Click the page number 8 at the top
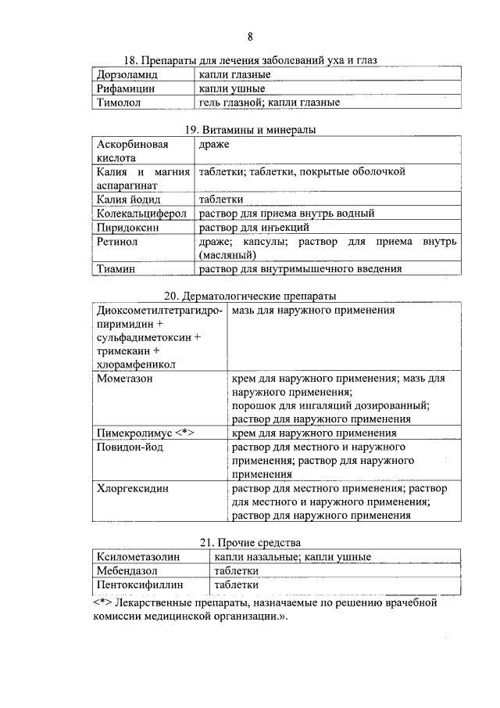(x=250, y=37)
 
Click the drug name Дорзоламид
(x=127, y=75)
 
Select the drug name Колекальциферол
(x=139, y=213)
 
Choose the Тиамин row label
(x=117, y=268)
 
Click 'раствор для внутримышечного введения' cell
(x=301, y=268)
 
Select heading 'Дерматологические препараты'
(x=250, y=296)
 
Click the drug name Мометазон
(x=124, y=378)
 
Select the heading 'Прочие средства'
(x=250, y=543)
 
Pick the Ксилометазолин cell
(x=138, y=556)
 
